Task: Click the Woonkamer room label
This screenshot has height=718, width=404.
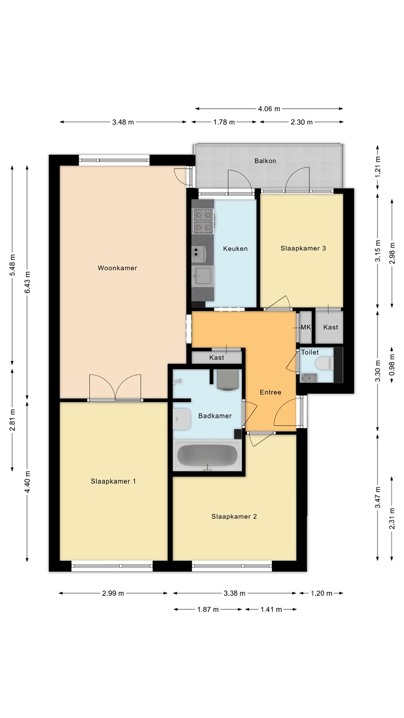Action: click(x=117, y=268)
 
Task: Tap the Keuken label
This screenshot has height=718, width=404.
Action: click(x=235, y=248)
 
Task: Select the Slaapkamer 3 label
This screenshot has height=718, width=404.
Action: click(x=303, y=248)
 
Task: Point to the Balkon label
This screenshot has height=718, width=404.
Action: click(x=265, y=161)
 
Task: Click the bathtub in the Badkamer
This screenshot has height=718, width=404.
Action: click(x=207, y=455)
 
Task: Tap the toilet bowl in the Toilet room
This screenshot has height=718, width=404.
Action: click(x=324, y=364)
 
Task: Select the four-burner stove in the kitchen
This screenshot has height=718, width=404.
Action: click(x=203, y=221)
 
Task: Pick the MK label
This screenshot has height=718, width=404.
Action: click(x=306, y=327)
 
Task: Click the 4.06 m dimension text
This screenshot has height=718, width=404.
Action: click(x=269, y=109)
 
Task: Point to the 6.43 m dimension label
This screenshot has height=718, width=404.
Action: click(x=27, y=282)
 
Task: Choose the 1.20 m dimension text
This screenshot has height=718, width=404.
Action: click(x=321, y=593)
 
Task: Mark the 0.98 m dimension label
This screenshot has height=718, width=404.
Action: click(x=392, y=365)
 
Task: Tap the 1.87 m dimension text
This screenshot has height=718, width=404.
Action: click(x=208, y=609)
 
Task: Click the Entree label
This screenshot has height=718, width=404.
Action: click(x=270, y=392)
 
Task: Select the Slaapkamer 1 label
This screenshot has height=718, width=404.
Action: click(x=113, y=481)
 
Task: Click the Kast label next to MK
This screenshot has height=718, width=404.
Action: click(x=331, y=327)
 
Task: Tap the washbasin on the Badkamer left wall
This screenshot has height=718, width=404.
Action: click(x=182, y=419)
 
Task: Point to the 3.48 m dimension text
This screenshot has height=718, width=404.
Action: click(x=123, y=122)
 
